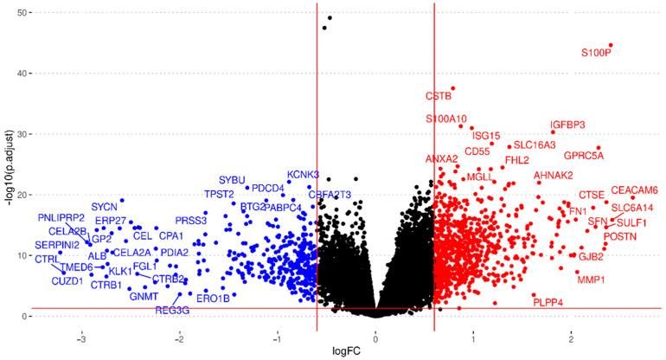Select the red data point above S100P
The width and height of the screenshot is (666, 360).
(611, 45)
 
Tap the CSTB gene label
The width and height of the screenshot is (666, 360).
(439, 96)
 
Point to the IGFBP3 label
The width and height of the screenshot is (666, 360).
(568, 125)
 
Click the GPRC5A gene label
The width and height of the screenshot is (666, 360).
(584, 157)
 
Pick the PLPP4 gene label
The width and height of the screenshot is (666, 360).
(548, 302)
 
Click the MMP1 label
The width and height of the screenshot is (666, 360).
(592, 280)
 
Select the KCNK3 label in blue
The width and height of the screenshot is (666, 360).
(303, 175)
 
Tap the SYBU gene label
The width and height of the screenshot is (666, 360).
(232, 180)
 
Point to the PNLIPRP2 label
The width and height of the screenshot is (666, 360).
(61, 216)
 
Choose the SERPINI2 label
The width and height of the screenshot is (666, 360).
(58, 246)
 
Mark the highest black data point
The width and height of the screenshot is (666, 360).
(330, 18)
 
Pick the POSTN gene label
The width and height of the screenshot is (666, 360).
(619, 236)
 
